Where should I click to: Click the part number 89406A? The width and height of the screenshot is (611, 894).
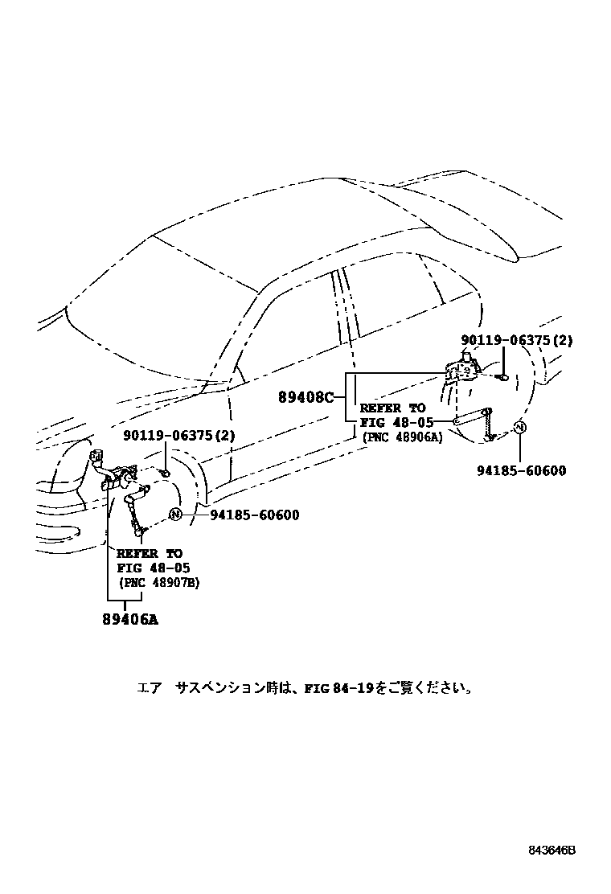pyautogui.click(x=129, y=619)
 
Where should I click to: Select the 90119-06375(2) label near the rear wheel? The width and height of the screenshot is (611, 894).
pyautogui.click(x=517, y=340)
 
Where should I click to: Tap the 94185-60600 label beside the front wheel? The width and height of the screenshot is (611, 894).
pyautogui.click(x=244, y=515)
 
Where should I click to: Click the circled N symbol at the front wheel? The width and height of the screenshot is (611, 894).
pyautogui.click(x=175, y=515)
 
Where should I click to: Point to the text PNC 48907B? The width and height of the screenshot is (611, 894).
pyautogui.click(x=158, y=582)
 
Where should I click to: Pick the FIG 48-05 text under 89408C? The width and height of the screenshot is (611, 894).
pyautogui.click(x=396, y=422)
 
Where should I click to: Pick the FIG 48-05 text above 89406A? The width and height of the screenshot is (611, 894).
pyautogui.click(x=154, y=568)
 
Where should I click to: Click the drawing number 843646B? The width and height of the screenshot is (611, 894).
pyautogui.click(x=552, y=851)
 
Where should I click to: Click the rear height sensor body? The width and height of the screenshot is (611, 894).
pyautogui.click(x=461, y=371)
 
